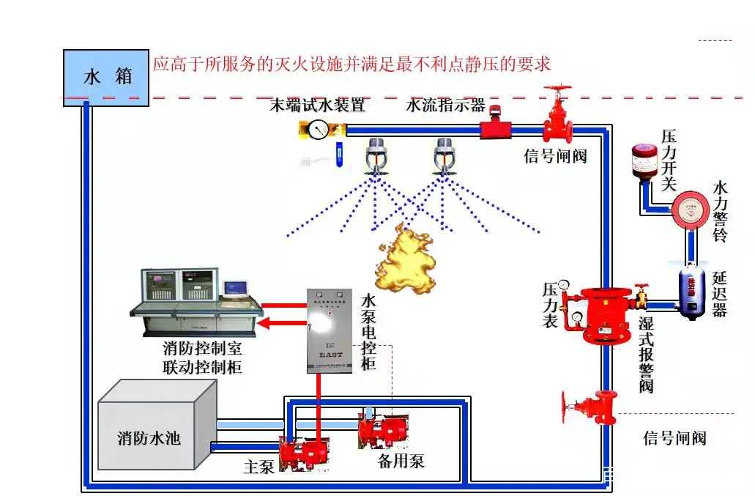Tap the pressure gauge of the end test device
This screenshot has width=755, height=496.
coord(319,130)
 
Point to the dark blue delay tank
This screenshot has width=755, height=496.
coord(691,292)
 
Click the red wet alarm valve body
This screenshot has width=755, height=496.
coord(603,314)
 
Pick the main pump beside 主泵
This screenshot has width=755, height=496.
coord(303,454)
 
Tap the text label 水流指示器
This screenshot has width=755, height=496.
coord(445,105)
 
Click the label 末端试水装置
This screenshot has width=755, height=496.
coord(318,105)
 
